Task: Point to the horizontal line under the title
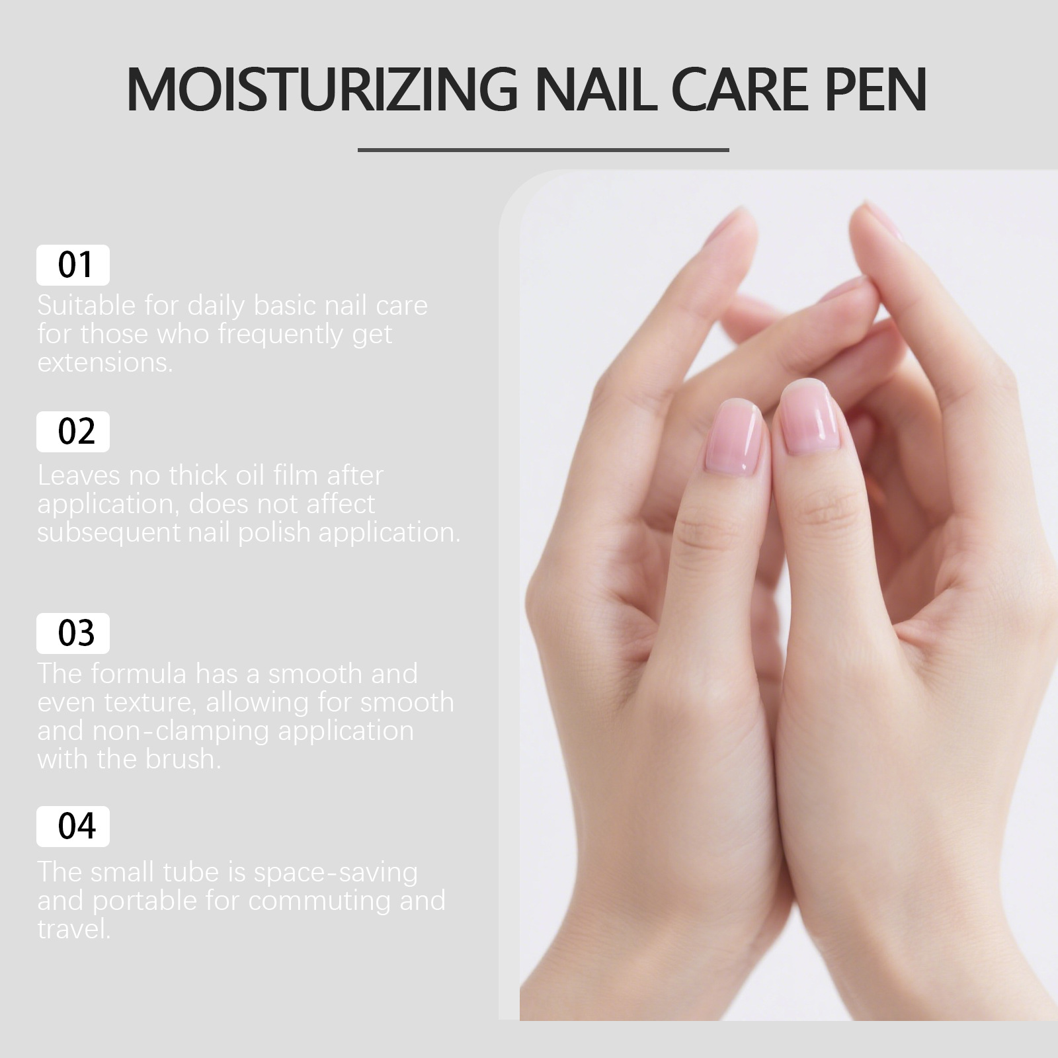(543, 150)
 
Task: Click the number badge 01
(73, 265)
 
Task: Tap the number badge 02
(73, 432)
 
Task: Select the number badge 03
(73, 633)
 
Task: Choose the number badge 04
(73, 827)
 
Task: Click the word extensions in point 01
(104, 362)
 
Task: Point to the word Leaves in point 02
(79, 475)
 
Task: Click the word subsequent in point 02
(108, 532)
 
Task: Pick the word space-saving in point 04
(336, 873)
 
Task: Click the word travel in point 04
(73, 929)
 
